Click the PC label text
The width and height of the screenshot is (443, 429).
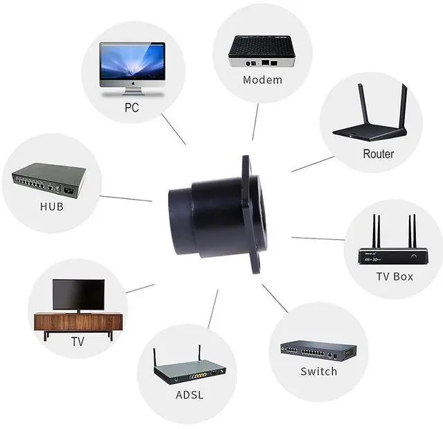pos(132,107)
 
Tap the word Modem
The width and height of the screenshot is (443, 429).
pos(262,80)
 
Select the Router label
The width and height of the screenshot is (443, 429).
pos(378,154)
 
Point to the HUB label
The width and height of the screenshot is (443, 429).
pos(52,207)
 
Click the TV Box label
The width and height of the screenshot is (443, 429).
pos(395,276)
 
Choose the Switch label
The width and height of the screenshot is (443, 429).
pos(318,371)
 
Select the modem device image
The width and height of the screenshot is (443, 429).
pos(262,51)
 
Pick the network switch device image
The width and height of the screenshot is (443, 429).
pos(318,351)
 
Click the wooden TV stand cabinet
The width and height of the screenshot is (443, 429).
pos(78,322)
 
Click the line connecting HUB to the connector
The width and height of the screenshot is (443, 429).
pos(125,198)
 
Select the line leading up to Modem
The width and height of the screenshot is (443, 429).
pos(255,122)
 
